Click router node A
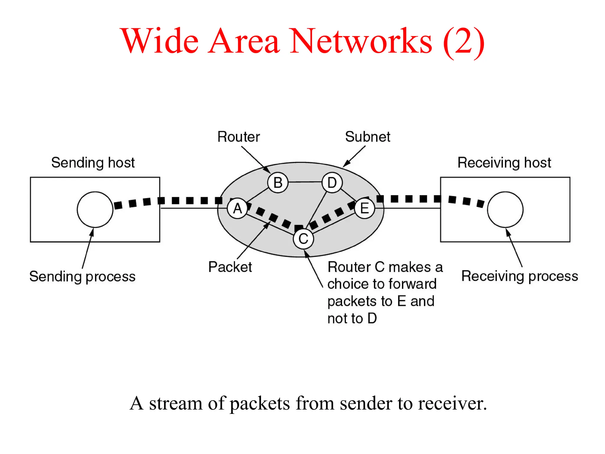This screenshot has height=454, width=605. (x=238, y=209)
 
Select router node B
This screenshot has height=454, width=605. (x=278, y=183)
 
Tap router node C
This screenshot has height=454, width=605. (x=303, y=239)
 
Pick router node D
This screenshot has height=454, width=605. (x=332, y=183)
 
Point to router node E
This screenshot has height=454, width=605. (x=365, y=208)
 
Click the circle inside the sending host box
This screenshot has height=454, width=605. (x=95, y=210)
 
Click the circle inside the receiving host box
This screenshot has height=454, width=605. (x=505, y=210)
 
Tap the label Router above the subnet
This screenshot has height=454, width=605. (x=238, y=137)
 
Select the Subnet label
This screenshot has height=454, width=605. (x=367, y=137)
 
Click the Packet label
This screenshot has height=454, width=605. (x=230, y=267)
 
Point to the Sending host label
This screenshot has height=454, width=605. (x=93, y=163)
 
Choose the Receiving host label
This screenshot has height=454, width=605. (x=504, y=163)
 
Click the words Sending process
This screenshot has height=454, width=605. (x=82, y=277)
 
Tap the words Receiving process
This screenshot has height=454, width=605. (x=520, y=276)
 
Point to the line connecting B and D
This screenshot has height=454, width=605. (x=305, y=182)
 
